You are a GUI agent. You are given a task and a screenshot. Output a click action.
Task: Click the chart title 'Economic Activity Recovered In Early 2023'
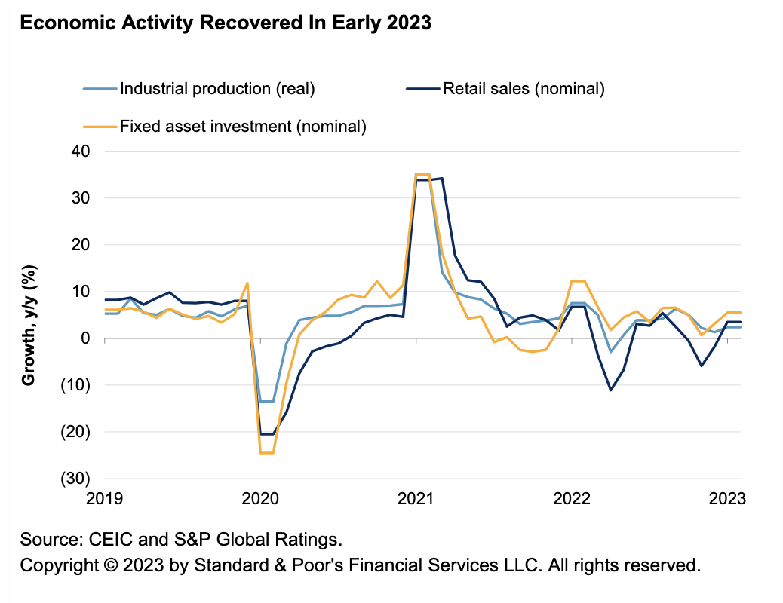[x=226, y=23]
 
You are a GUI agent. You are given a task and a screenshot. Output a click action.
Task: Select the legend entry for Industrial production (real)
[x=217, y=89]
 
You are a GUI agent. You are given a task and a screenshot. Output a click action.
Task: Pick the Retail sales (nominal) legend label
[x=524, y=89]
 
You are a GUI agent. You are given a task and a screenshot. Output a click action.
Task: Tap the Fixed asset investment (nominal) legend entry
[x=243, y=126]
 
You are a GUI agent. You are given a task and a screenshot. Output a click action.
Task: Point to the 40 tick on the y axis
[x=81, y=151]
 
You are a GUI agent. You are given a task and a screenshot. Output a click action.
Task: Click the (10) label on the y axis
[x=77, y=385]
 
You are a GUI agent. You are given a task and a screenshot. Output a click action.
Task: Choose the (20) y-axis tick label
[x=77, y=432]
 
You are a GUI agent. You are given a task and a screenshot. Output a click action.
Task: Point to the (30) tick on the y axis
[x=77, y=479]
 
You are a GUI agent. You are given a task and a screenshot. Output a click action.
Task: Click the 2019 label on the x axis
[x=106, y=498]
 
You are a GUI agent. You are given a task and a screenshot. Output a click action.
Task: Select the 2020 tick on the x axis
[x=259, y=498]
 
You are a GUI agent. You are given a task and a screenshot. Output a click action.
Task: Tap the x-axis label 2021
[x=416, y=498]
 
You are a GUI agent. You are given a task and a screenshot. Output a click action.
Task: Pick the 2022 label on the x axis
[x=571, y=498]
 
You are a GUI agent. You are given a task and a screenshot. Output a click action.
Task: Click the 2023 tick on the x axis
[x=726, y=498]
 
